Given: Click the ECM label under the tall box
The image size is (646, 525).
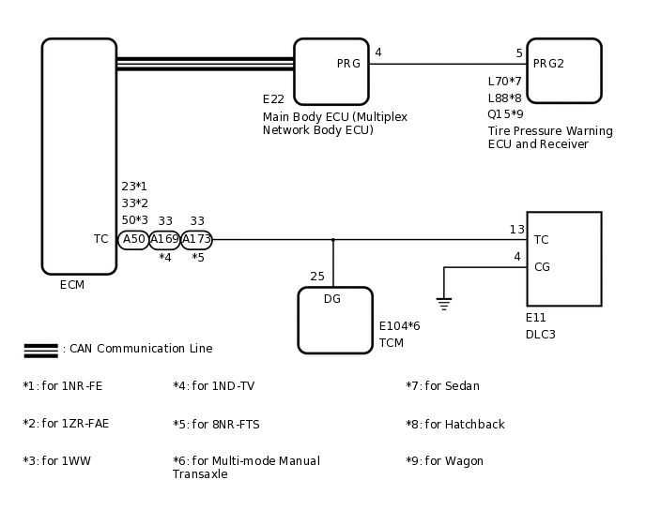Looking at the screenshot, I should coord(72,285).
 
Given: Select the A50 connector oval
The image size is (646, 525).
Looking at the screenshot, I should coord(133,240).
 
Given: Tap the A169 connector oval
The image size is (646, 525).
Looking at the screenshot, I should coord(164,240).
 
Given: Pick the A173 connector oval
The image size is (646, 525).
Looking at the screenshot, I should coord(196,240).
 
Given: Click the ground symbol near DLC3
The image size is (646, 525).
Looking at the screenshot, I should coord(444,303).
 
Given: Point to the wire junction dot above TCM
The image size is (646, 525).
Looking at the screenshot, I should coord(332,240).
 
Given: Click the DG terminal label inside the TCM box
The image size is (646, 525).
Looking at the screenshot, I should coord(332,299).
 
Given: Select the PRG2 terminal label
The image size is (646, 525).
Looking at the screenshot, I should coord(548,64).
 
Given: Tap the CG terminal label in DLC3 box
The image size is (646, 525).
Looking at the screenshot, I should coord(542,267).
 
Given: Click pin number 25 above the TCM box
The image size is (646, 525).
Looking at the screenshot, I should coord(317,277).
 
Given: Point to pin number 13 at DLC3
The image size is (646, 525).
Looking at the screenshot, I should coord(516,230).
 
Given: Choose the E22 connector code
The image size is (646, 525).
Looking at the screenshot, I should coord(273,99).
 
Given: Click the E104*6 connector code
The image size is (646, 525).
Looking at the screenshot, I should coord(399,326).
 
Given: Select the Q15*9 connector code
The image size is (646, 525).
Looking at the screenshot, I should coord(505,114).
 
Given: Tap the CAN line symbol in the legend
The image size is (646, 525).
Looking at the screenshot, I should coord(40,350).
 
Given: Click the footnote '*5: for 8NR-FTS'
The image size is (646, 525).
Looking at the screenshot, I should coord(216,425).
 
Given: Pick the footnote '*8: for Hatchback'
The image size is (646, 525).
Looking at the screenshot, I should coord(454,425).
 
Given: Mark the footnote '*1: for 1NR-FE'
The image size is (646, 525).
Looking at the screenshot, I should coord(63,386).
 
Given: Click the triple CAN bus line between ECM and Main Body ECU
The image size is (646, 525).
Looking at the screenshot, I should coord(205,64).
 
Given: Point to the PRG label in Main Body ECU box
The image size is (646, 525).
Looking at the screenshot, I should coord(348,64).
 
